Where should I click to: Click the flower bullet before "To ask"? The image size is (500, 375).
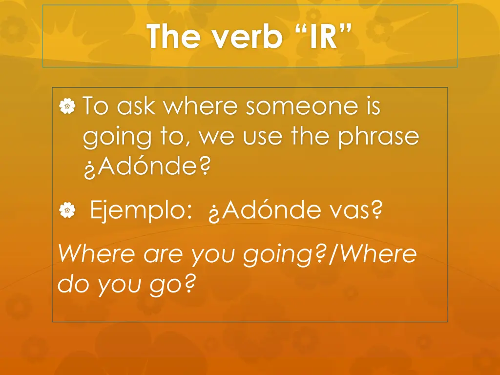pos(67,106)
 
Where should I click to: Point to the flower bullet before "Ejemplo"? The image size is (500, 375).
pos(67,211)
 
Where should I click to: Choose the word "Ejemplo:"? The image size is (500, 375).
pos(141,211)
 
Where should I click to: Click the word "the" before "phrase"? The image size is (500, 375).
pos(313,138)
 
